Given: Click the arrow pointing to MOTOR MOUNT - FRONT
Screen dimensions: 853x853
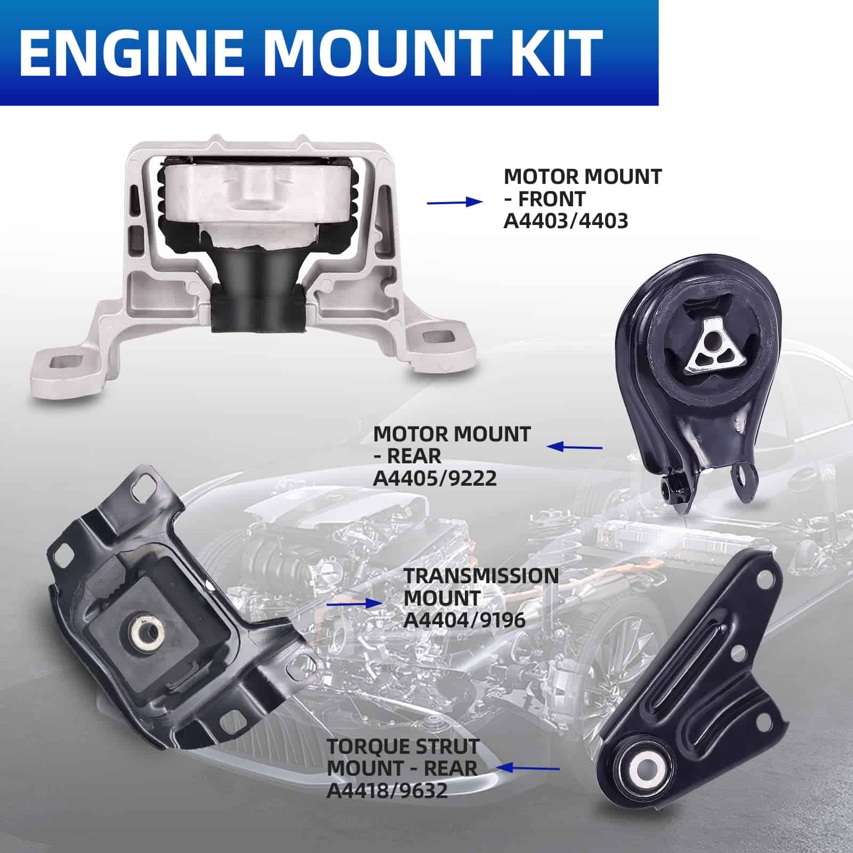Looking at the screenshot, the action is click(454, 202).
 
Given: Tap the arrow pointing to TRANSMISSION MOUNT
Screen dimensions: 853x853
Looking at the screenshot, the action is click(354, 603).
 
